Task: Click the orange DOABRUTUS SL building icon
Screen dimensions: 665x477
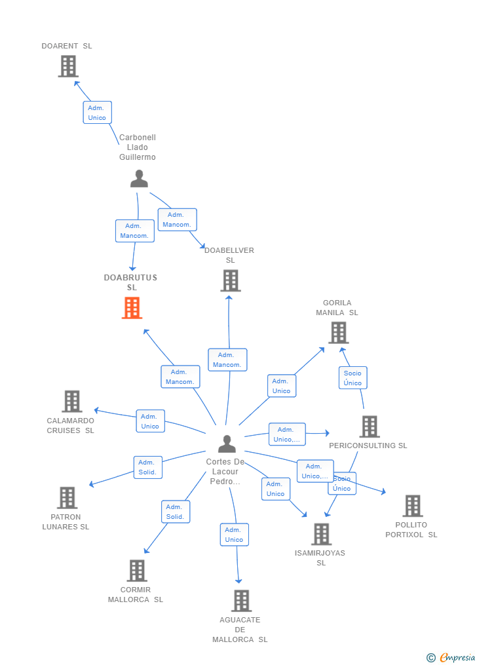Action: (x=132, y=308)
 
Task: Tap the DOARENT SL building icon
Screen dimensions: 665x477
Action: (x=68, y=66)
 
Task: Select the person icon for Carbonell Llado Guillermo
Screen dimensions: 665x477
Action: (x=139, y=179)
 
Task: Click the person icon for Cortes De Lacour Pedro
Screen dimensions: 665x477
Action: (x=227, y=444)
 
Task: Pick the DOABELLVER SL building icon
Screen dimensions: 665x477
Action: (x=230, y=280)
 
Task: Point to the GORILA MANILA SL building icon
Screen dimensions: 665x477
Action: (x=338, y=333)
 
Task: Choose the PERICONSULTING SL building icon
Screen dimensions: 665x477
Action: (x=370, y=427)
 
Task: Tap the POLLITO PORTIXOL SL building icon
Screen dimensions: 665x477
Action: (x=412, y=506)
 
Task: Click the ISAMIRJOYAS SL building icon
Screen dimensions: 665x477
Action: (x=321, y=534)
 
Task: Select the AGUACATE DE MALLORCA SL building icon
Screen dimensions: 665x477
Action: (x=241, y=601)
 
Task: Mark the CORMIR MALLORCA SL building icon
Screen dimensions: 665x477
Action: (x=136, y=571)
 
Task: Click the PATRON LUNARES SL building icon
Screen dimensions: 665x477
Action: (x=67, y=498)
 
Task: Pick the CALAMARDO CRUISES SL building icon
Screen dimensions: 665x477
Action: (x=71, y=401)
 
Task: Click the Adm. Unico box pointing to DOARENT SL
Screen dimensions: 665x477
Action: (x=97, y=113)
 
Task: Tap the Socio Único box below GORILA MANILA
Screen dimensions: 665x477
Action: (x=353, y=378)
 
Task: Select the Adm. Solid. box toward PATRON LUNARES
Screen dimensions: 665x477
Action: (x=147, y=467)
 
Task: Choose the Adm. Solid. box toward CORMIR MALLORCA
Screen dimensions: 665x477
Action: (x=175, y=512)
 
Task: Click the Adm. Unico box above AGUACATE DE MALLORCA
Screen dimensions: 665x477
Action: (x=234, y=535)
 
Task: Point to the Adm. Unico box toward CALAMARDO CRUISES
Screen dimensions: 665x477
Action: (x=150, y=421)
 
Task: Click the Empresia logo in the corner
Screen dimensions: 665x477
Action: (x=451, y=657)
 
